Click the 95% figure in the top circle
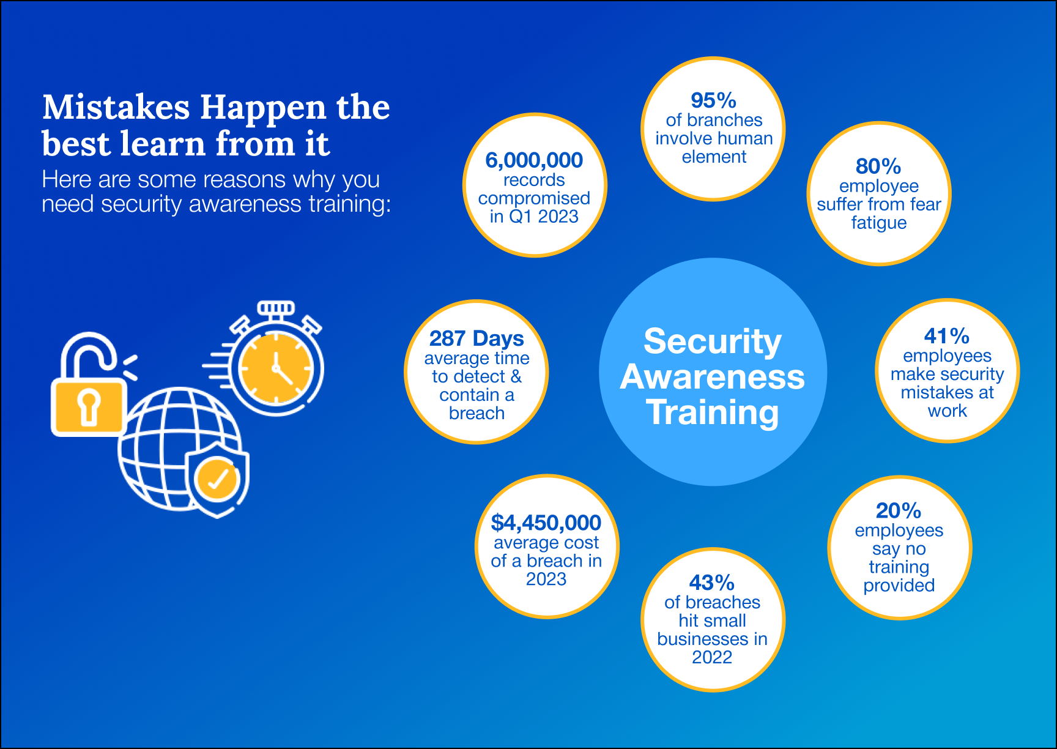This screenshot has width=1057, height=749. coord(713,100)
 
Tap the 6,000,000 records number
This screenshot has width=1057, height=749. coord(534,160)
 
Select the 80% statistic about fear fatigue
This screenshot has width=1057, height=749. coord(878,166)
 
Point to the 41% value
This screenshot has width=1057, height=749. coord(947,336)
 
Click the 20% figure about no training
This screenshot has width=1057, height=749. coord(899,510)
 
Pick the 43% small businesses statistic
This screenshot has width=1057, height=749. coord(712,583)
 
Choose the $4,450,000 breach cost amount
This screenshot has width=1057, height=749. coord(546,523)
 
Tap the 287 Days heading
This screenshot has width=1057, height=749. coord(477,338)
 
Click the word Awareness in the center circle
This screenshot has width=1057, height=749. coord(713,377)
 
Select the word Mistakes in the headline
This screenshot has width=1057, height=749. coord(116,108)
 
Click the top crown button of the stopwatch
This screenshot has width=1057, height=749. coord(276,307)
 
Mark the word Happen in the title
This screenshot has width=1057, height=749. coord(264,108)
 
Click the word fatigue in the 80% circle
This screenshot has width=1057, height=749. coord(879,223)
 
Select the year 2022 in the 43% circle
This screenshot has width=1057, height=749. coord(712,657)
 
